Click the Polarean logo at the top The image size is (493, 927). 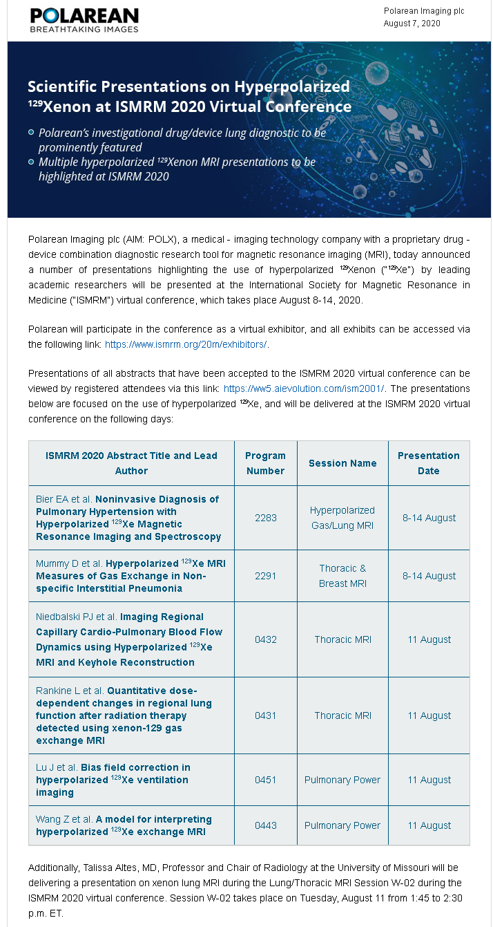click(x=84, y=20)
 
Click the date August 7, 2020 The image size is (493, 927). click(x=412, y=24)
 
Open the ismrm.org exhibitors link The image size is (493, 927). click(x=186, y=344)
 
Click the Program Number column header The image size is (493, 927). click(x=265, y=463)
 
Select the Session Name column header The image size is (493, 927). click(x=342, y=463)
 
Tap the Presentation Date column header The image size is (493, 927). click(x=428, y=463)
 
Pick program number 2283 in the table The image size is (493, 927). click(x=265, y=518)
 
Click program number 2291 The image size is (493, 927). click(x=265, y=576)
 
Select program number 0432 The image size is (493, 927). click(x=265, y=639)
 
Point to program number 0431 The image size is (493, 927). click(x=265, y=715)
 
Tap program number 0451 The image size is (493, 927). click(x=265, y=780)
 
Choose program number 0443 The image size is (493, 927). click(x=265, y=825)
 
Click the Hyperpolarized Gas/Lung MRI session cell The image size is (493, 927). click(x=342, y=518)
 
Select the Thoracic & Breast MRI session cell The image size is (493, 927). click(x=342, y=576)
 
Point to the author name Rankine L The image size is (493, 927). click(x=59, y=691)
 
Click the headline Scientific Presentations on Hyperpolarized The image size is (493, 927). click(x=188, y=86)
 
